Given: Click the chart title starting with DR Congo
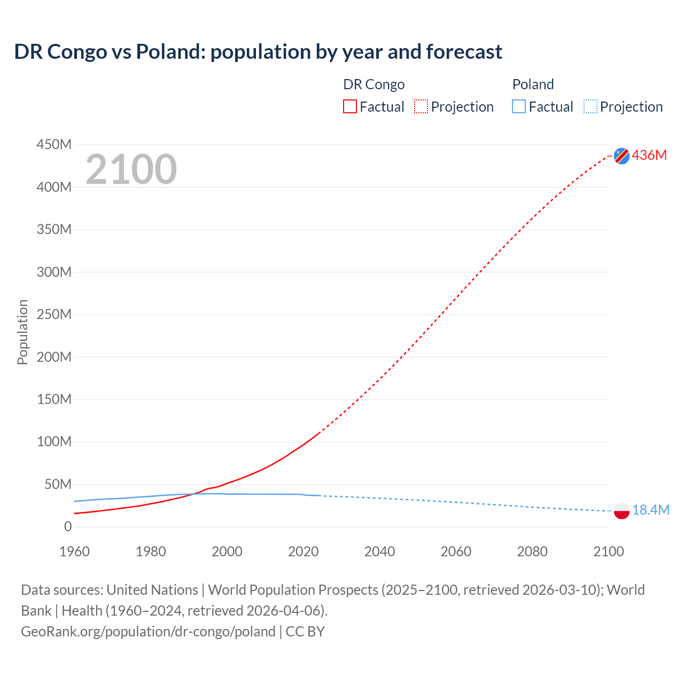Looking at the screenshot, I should tap(258, 52).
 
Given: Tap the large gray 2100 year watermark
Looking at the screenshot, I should tap(131, 169).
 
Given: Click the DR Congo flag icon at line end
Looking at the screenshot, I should tap(621, 156).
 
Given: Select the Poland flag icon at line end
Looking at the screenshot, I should tap(621, 511).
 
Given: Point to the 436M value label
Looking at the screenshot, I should tap(649, 155).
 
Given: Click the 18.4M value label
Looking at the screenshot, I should tap(650, 510).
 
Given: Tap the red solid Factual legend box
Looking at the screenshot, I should tap(350, 107).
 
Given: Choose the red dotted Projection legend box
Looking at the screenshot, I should tap(421, 107).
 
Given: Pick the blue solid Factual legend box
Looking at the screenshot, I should tap(519, 107).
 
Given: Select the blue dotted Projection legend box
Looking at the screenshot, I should tap(590, 107).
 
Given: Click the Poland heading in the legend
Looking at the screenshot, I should tap(533, 84).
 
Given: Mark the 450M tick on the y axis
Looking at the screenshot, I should tap(54, 145).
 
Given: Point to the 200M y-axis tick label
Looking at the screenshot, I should tap(54, 357).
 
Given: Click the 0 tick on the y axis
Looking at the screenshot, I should tap(68, 527).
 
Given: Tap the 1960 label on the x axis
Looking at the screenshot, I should tap(74, 551).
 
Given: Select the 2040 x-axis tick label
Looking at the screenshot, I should tap(379, 551).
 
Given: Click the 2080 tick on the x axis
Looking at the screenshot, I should tap(532, 551).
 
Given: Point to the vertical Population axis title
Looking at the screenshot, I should tap(22, 332).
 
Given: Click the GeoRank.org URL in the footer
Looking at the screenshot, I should tap(148, 632).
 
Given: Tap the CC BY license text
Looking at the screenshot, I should tap(305, 632).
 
